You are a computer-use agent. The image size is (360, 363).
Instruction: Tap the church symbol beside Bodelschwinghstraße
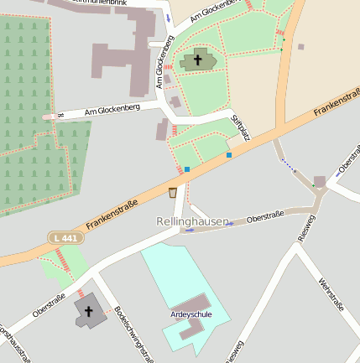tap(88, 311)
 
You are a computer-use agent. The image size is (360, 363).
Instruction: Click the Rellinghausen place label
tap(192, 221)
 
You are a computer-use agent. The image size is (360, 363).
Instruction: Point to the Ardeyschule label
tap(190, 314)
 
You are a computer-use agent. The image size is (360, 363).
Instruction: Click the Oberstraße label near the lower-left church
tap(50, 303)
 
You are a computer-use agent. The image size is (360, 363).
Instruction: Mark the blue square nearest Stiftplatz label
tap(229, 154)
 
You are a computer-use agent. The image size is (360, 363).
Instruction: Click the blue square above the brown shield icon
tap(187, 169)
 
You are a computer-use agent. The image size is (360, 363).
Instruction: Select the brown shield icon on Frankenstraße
tap(173, 193)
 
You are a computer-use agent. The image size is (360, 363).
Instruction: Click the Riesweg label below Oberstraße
tap(305, 228)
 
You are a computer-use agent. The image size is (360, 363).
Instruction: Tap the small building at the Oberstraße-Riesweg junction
tap(319, 181)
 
